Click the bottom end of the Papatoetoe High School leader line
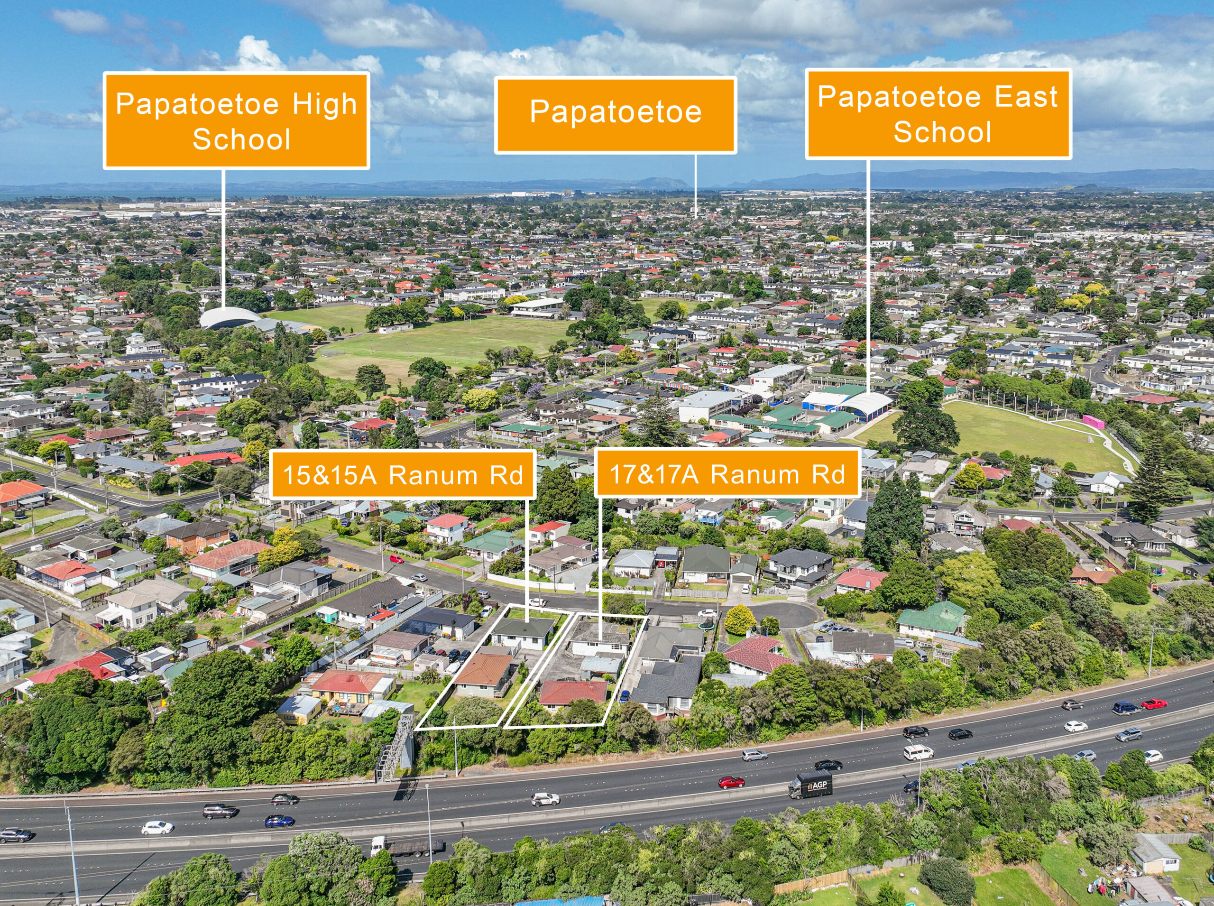224,310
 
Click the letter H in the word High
301,104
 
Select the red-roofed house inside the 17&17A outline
573,693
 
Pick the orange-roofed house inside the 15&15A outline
483,670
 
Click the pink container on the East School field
1093,421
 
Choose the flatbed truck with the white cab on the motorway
407,847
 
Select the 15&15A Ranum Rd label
403,474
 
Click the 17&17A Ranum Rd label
727,473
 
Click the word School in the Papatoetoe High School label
241,139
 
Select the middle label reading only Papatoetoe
615,115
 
